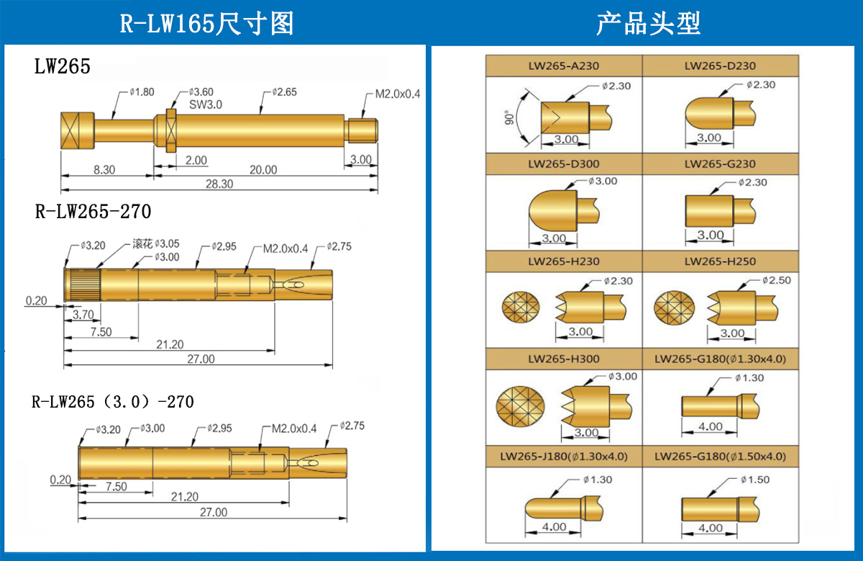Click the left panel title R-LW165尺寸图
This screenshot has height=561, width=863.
point(206,24)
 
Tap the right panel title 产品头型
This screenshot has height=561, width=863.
point(648,24)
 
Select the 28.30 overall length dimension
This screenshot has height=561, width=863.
point(219,184)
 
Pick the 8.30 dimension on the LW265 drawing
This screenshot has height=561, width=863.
point(105,170)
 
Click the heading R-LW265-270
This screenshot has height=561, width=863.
point(93,212)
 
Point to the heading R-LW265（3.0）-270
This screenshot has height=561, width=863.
point(113,401)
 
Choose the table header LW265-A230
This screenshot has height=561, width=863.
point(563,66)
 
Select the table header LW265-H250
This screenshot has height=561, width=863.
point(720,261)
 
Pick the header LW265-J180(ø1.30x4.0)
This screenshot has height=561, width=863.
point(564,457)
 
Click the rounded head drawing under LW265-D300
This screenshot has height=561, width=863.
point(554,210)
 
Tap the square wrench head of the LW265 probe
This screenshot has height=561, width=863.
point(76,130)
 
